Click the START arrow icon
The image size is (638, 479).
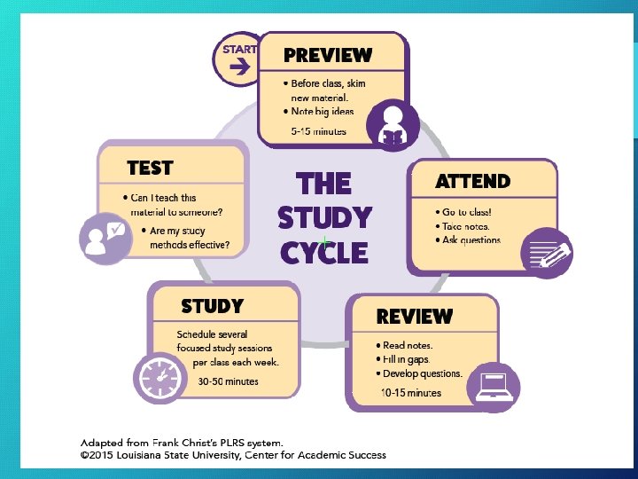click(235, 65)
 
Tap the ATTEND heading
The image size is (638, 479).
click(472, 182)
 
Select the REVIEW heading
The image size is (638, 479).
click(414, 317)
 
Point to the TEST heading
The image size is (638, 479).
click(150, 168)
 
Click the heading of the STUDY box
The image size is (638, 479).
click(212, 307)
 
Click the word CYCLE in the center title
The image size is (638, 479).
click(324, 253)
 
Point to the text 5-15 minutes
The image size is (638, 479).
click(319, 131)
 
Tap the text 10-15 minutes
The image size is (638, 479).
click(410, 392)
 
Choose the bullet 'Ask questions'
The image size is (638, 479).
click(469, 240)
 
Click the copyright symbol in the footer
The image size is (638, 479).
click(85, 455)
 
